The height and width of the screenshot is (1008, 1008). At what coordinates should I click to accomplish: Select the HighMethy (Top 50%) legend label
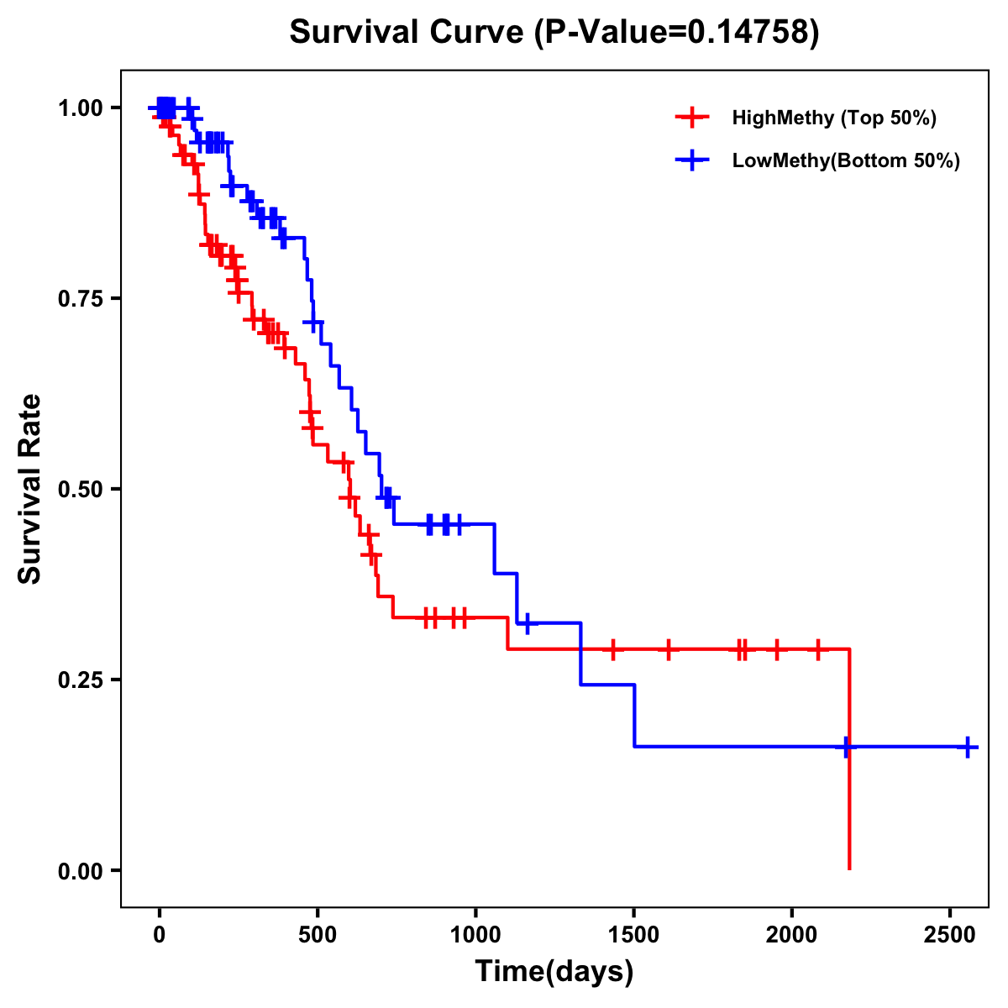click(x=834, y=118)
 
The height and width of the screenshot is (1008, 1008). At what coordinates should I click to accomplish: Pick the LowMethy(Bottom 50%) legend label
click(x=846, y=161)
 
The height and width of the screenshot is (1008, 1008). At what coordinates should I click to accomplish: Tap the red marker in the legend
click(x=691, y=118)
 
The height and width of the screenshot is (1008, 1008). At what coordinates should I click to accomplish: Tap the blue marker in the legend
click(x=691, y=161)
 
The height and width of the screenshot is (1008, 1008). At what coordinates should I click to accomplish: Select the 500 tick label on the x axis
click(x=318, y=932)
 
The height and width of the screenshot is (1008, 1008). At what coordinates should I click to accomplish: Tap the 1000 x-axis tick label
click(x=475, y=932)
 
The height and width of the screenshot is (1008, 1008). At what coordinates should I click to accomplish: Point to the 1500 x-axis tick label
click(x=633, y=932)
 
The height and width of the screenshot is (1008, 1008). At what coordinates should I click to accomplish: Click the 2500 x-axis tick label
click(x=950, y=932)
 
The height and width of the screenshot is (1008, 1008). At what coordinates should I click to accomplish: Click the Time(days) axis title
click(x=554, y=972)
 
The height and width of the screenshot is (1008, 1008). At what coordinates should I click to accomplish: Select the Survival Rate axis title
click(x=30, y=489)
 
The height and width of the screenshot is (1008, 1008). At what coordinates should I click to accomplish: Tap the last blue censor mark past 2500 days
click(x=967, y=746)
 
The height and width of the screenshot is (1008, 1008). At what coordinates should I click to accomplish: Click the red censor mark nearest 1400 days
click(x=613, y=649)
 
